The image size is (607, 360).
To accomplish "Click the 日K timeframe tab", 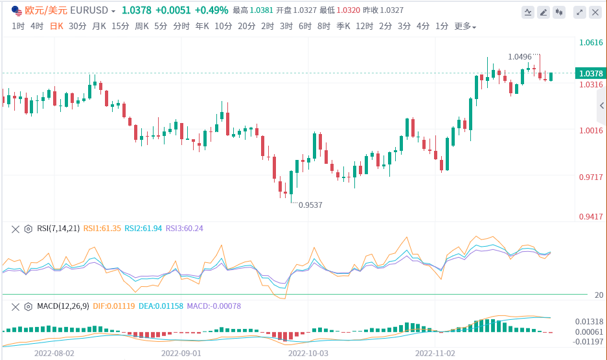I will pos(56,26).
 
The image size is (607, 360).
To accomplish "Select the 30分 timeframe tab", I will pos(77,26).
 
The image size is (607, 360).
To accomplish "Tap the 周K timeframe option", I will pos(141,26).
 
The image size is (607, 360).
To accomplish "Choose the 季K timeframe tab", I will pos(343,26).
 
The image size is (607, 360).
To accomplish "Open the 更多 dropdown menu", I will pos(465,27).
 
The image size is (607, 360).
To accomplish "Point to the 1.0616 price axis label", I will pos(591,43).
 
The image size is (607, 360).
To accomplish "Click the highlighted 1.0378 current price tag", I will pos(591,73).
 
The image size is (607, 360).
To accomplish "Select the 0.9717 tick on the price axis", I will pos(591,177).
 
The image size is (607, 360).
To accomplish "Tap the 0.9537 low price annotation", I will pos(310,205).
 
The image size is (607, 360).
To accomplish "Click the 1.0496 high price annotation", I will pos(520,57).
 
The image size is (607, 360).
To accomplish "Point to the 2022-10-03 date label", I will pos(308,354).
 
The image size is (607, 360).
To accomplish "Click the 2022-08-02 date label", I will pos(54,354).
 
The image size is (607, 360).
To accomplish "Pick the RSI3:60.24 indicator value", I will pos(185,229).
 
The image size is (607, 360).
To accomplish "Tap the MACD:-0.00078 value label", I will pos(213,306).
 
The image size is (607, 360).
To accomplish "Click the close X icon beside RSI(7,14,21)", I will pos(16,229).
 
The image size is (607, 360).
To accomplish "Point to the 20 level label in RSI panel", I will pos(599,295).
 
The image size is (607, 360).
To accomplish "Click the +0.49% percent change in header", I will pos(211,11).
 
